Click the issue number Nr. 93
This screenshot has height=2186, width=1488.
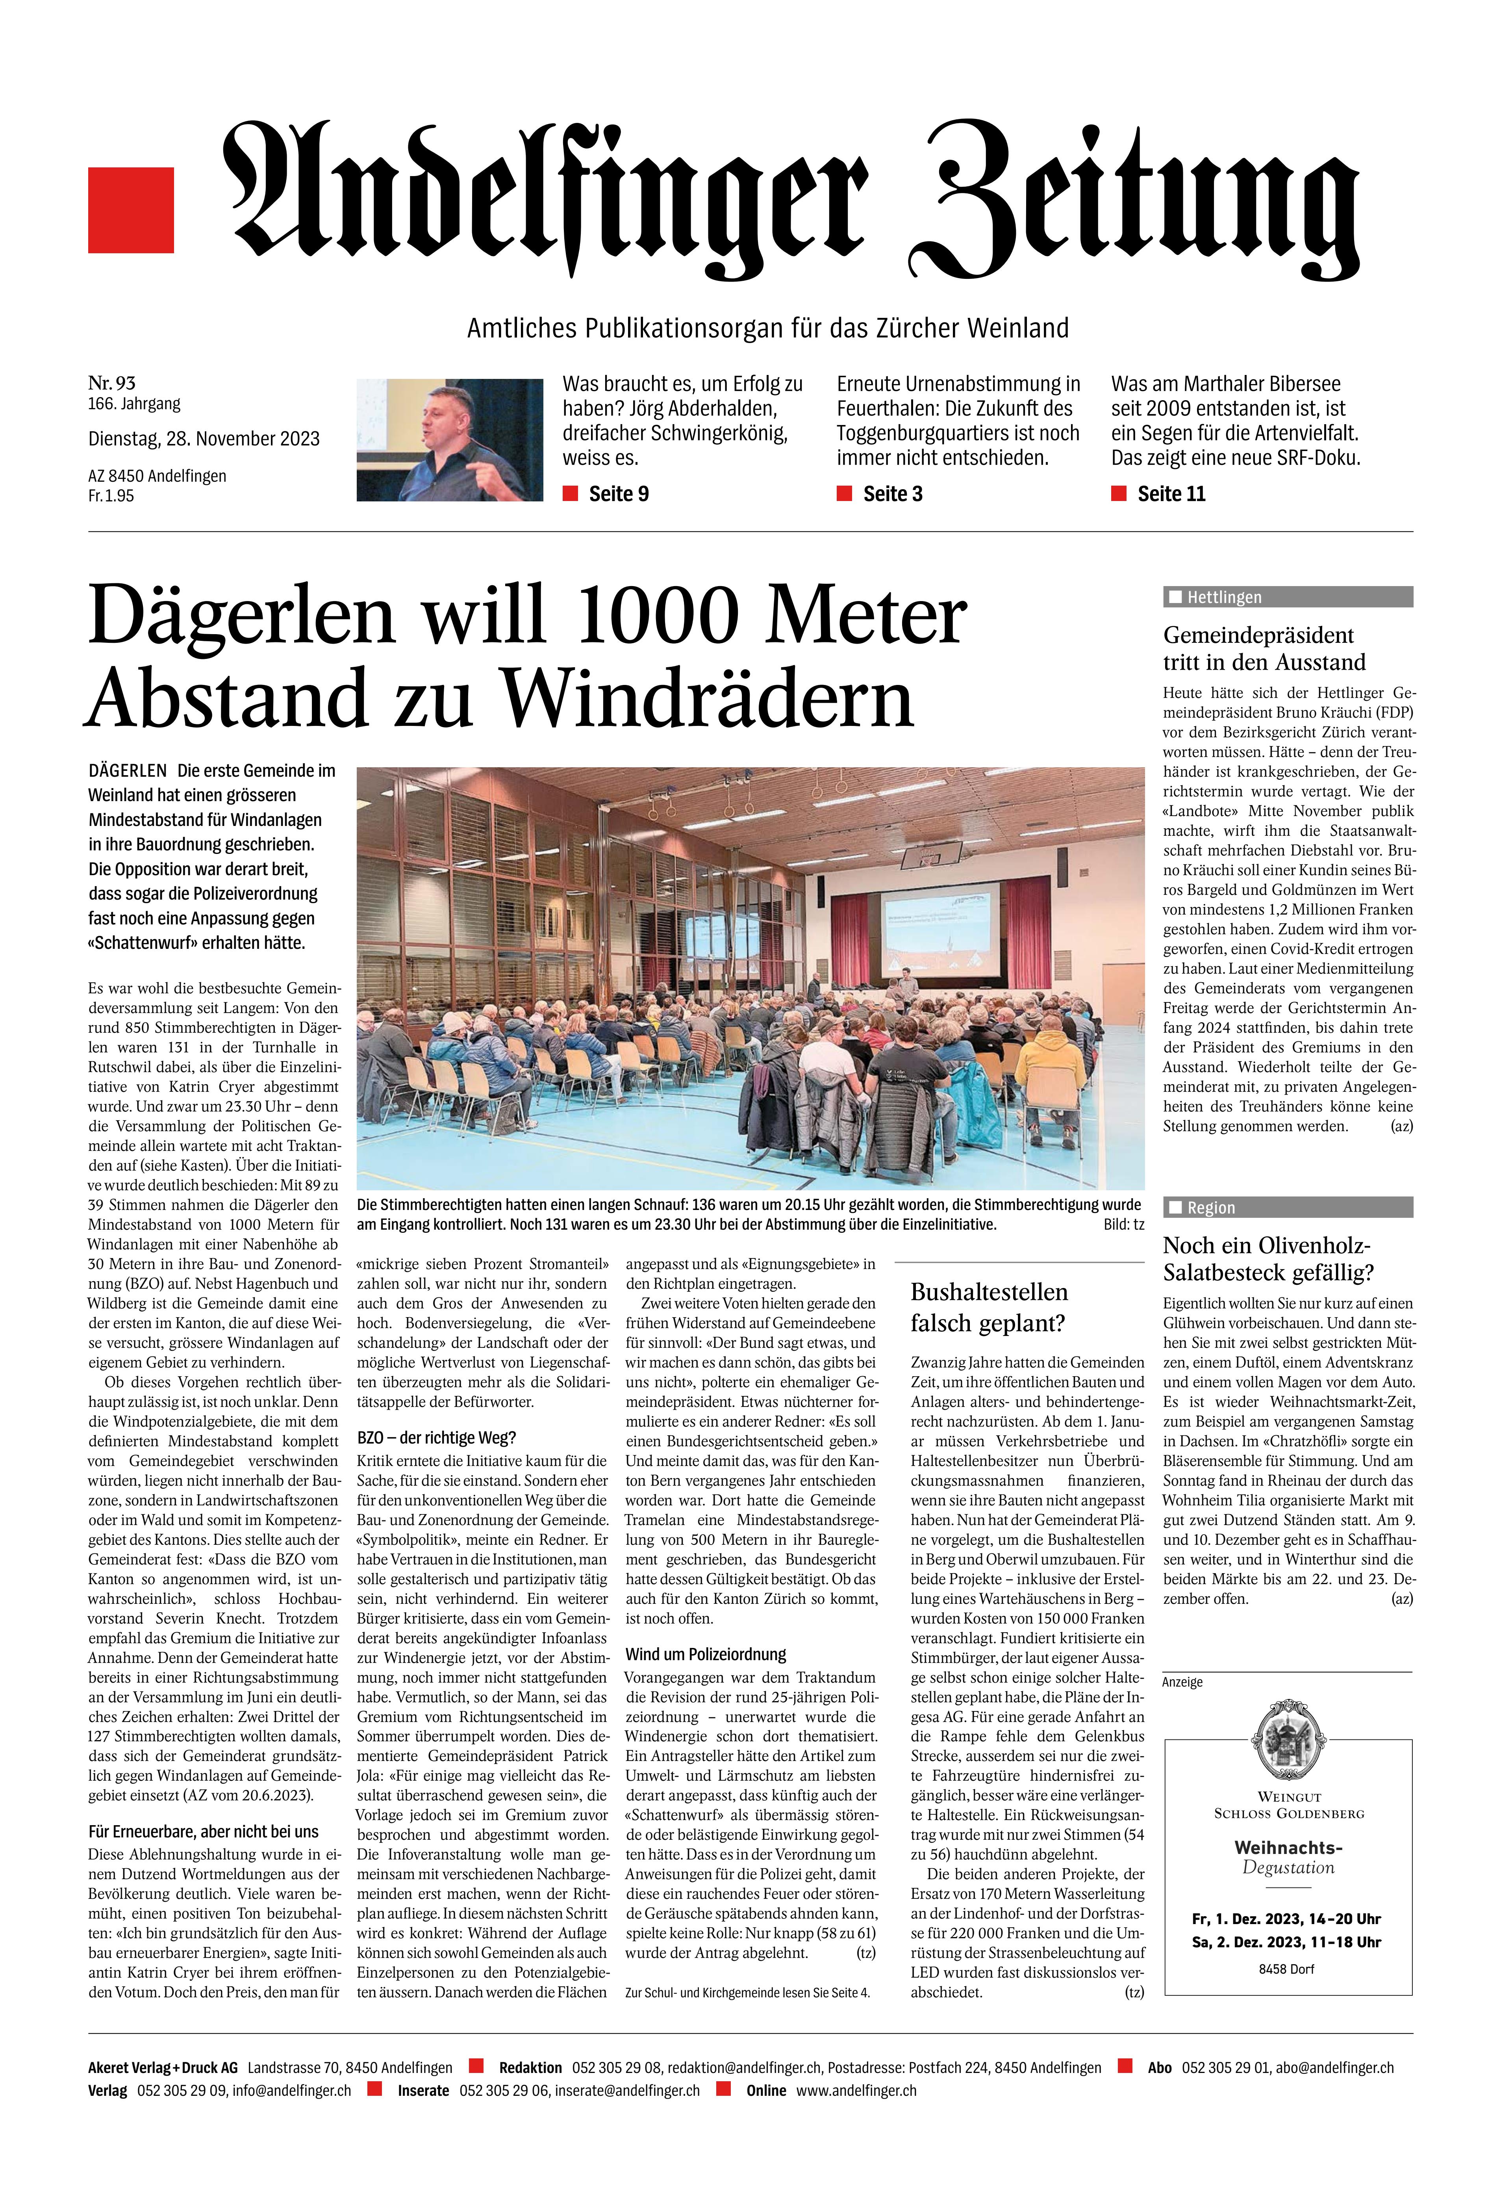tap(112, 382)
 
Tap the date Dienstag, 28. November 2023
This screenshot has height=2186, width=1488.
tap(203, 438)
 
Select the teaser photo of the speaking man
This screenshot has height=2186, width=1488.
tap(450, 439)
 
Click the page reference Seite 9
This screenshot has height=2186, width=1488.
tap(618, 494)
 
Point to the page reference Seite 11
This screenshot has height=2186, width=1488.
tap(1171, 494)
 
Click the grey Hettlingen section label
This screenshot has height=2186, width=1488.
tap(1287, 596)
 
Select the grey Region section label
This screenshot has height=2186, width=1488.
tap(1287, 1207)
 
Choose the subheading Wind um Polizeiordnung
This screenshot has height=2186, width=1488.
tap(706, 1653)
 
